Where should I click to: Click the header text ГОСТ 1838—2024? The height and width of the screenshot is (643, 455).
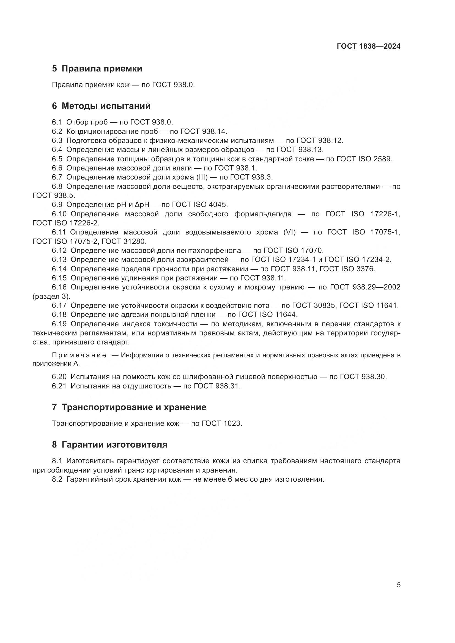(368, 46)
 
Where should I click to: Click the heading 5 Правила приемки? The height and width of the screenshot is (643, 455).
(97, 69)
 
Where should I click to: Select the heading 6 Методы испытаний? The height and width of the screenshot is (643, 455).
(101, 106)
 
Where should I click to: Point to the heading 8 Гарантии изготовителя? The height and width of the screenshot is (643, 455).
(109, 445)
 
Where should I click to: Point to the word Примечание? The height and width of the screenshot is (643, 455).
(79, 355)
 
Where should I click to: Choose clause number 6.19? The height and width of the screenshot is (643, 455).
(59, 324)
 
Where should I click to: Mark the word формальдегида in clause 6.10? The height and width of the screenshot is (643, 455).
(263, 214)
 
